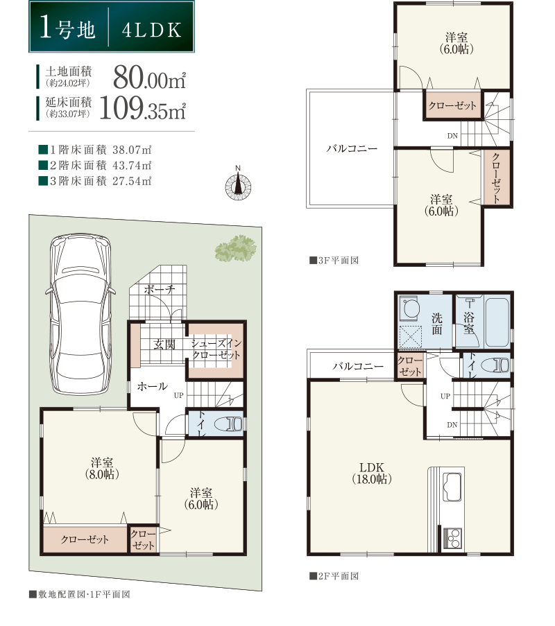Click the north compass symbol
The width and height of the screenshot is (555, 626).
(x=238, y=185)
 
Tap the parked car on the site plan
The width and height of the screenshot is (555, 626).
(x=80, y=315)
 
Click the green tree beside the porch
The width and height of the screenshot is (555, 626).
(x=235, y=248)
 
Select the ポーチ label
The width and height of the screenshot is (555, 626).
(x=159, y=289)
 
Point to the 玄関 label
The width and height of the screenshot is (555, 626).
(x=164, y=344)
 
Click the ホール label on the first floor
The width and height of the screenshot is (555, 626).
(x=152, y=386)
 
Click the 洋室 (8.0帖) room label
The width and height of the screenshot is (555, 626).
(x=102, y=469)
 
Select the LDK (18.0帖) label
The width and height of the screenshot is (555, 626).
(x=372, y=473)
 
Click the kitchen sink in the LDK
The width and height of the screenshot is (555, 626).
(x=452, y=486)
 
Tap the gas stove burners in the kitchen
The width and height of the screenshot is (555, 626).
(x=453, y=538)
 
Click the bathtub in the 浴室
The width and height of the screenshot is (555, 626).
(x=497, y=322)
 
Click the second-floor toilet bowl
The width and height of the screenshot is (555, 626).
(x=495, y=365)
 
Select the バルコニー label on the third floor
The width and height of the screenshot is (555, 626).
(x=352, y=149)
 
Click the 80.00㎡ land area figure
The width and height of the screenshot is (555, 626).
(x=149, y=77)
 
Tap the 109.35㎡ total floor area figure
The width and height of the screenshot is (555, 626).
(x=142, y=107)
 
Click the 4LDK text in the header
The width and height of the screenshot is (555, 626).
(x=151, y=30)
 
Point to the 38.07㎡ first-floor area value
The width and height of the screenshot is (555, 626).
(x=132, y=150)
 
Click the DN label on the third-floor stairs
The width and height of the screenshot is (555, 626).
(x=452, y=136)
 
